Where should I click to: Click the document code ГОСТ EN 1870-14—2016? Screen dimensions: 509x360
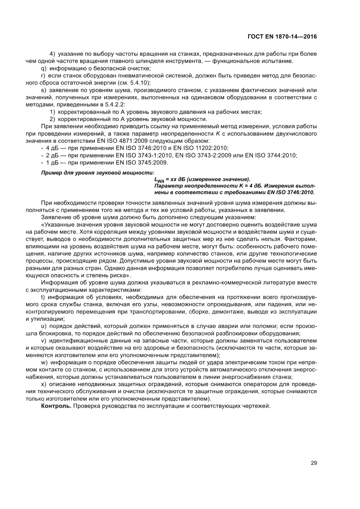click(286, 37)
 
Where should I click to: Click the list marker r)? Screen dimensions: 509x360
click(43, 76)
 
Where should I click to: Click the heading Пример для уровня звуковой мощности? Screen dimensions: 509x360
click(82, 173)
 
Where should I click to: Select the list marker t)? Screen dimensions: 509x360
click(43, 297)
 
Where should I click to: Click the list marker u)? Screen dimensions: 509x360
click(43, 326)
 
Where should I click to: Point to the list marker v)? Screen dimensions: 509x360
click(43, 340)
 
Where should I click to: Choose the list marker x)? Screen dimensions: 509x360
click(43, 384)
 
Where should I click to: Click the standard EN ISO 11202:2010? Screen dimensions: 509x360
click(200, 148)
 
